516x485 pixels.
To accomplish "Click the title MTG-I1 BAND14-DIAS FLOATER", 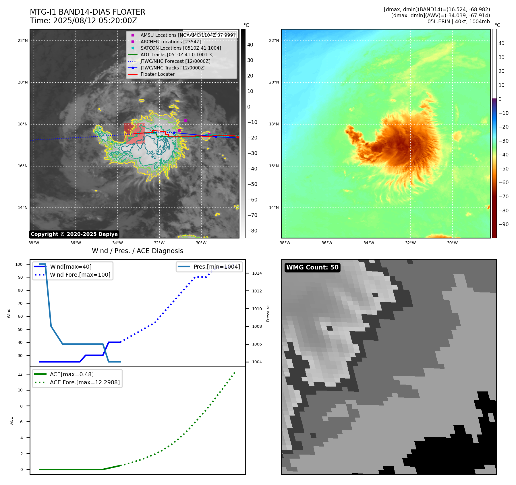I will [x=88, y=12].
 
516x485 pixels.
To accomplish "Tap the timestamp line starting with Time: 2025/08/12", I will [x=84, y=21].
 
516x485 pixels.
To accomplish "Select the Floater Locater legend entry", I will [x=157, y=74].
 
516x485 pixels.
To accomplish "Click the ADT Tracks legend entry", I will [x=177, y=55].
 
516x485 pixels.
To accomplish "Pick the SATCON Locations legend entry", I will [x=181, y=48].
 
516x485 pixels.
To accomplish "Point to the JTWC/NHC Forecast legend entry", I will [x=175, y=61].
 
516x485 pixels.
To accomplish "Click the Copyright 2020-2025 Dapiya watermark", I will [x=74, y=234].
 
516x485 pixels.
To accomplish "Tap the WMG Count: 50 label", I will [x=312, y=267].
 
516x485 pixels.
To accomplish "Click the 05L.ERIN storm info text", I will [x=459, y=22].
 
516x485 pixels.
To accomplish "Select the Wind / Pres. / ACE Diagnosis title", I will [x=137, y=251].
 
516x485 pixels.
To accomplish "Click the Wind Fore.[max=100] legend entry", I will [x=80, y=275].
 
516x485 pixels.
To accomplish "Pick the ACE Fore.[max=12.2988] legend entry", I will [x=85, y=382].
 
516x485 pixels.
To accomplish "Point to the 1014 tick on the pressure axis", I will [x=257, y=273].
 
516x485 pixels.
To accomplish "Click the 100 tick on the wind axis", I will [x=19, y=264].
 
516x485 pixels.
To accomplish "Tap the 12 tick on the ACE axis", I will [x=20, y=374].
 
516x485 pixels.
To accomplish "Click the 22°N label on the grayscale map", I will [x=23, y=41].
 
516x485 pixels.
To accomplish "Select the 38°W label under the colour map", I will [x=285, y=243].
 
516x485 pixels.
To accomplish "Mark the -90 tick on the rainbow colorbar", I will [x=503, y=224].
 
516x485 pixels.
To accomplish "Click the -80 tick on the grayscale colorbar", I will [x=252, y=231].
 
